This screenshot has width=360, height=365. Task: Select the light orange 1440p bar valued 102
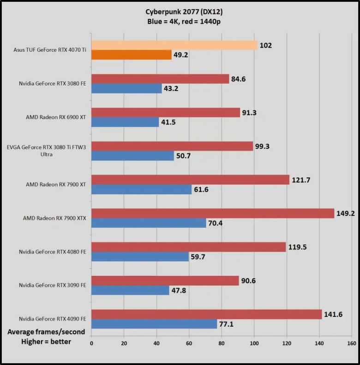[x=174, y=45]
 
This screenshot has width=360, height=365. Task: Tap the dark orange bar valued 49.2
[x=132, y=55]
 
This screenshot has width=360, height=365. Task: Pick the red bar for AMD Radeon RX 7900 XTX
[x=213, y=213]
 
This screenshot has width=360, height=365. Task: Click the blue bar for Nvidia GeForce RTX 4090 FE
[x=154, y=324]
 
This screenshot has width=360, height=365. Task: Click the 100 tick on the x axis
[x=254, y=343]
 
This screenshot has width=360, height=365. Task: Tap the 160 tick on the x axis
[x=351, y=343]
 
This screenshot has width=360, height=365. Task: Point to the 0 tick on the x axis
[x=91, y=343]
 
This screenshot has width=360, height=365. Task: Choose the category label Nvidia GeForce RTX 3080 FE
[x=54, y=84]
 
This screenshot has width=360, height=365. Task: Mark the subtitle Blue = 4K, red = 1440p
[x=180, y=22]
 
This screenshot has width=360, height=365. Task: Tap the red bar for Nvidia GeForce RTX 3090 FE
[x=165, y=280]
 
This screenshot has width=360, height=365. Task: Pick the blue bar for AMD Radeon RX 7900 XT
[x=141, y=189]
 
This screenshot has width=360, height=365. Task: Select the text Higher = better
[x=46, y=342]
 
